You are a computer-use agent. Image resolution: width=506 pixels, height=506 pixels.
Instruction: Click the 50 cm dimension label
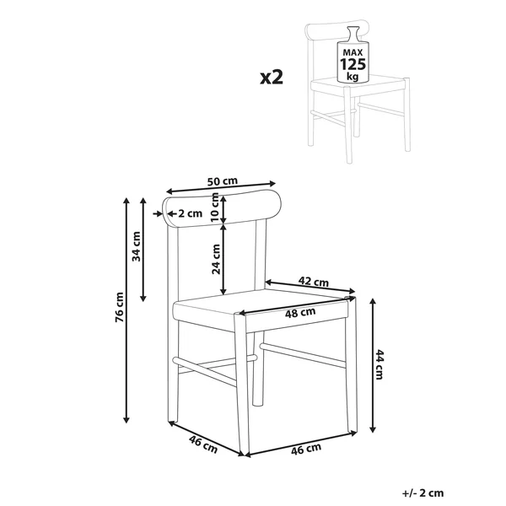[222, 181]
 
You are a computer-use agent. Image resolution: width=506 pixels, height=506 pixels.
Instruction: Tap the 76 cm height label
[120, 307]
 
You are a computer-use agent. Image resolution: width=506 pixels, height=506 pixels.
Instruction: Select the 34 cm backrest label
[136, 246]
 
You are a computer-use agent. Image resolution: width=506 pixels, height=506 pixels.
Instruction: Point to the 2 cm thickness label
[190, 213]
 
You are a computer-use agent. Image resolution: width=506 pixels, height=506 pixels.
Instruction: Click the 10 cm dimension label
[214, 207]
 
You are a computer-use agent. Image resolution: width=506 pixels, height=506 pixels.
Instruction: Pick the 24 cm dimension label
[216, 259]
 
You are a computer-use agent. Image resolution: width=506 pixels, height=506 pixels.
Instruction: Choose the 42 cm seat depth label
[314, 282]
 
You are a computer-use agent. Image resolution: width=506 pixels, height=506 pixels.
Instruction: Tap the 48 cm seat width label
[300, 313]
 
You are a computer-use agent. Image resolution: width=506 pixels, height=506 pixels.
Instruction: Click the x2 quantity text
[272, 78]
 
